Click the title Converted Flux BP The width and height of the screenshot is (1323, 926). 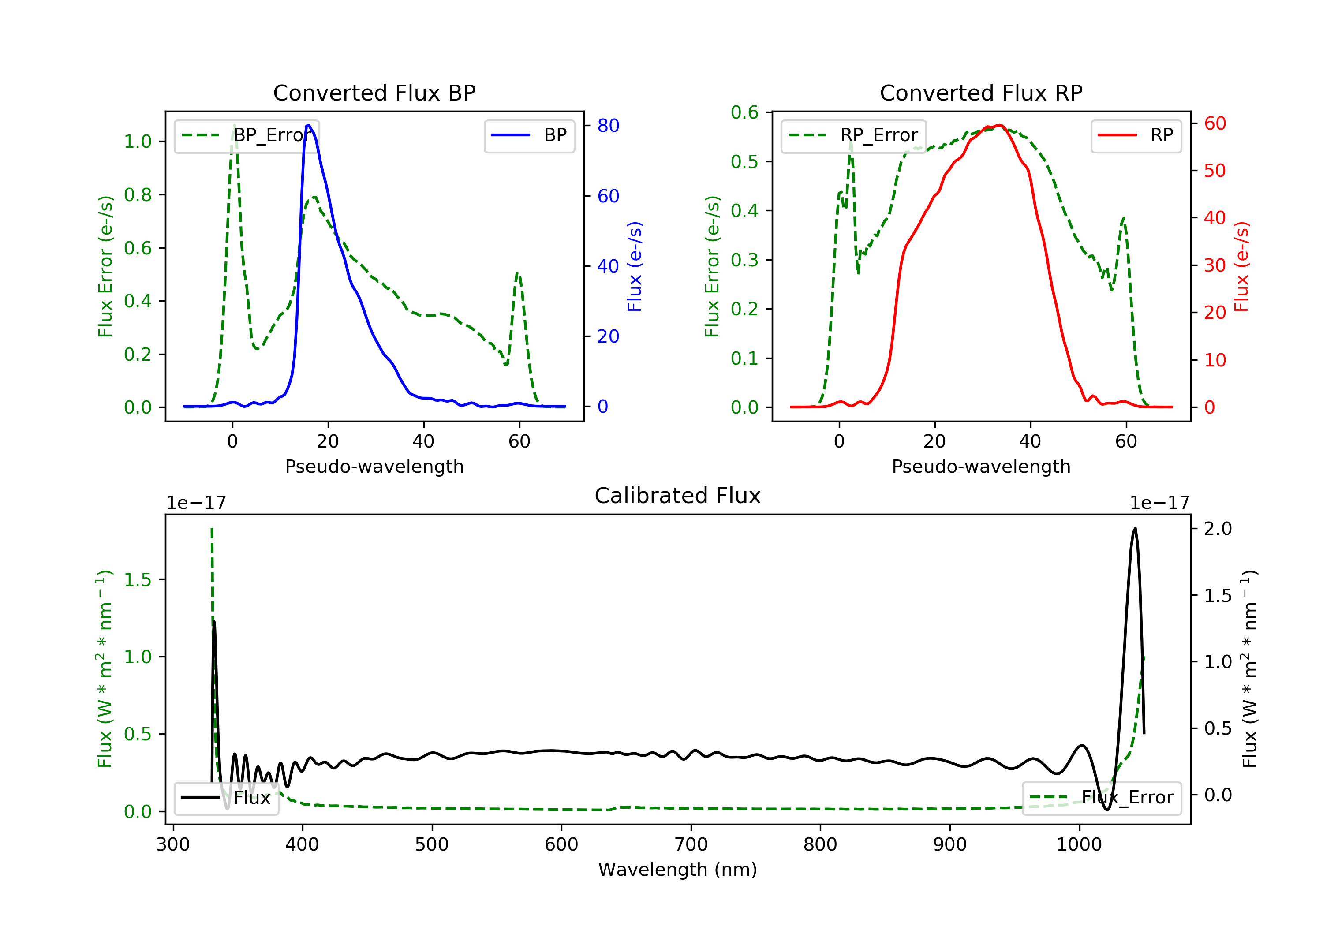374,93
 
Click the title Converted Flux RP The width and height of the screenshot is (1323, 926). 981,93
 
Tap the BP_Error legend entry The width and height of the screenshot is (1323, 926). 246,135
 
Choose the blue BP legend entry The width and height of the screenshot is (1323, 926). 529,135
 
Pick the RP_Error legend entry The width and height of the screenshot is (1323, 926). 853,135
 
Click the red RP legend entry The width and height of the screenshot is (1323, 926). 1136,135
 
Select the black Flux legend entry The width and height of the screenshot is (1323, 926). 226,798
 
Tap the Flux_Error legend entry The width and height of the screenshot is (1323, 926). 1101,798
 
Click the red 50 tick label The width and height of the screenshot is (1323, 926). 1215,171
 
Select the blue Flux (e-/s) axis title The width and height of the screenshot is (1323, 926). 635,266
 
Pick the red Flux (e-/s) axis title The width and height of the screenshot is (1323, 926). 1241,266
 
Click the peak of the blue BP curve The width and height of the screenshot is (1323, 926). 309,125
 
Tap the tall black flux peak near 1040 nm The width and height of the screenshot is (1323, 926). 1135,528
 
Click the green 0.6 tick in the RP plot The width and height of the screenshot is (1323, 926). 744,112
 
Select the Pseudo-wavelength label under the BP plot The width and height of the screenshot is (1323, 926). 374,466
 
